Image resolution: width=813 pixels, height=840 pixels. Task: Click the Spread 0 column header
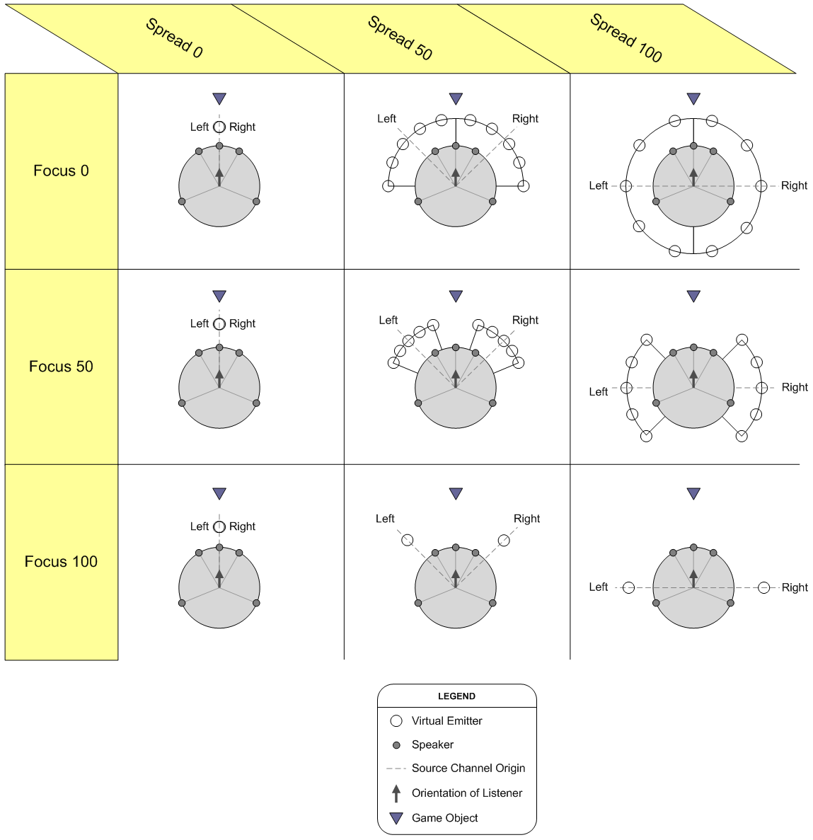click(174, 38)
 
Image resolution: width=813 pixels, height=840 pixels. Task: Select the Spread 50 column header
click(400, 38)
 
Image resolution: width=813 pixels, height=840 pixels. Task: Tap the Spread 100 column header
click(626, 38)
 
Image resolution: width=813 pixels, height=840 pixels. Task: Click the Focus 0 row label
click(61, 171)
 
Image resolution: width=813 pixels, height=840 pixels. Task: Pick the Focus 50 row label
click(61, 367)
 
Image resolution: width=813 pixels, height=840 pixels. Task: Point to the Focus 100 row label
click(61, 562)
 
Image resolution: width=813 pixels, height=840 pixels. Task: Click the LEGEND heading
click(456, 696)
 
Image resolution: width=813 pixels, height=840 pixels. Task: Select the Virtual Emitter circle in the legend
click(396, 721)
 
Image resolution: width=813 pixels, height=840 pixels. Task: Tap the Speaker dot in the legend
click(396, 745)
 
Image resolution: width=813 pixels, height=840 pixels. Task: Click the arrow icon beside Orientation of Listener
click(396, 793)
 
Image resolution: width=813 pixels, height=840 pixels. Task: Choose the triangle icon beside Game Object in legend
click(396, 819)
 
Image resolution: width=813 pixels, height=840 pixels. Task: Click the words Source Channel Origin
click(468, 769)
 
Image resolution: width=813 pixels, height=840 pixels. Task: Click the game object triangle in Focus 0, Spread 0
click(219, 99)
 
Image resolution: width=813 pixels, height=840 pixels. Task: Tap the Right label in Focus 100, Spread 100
click(795, 587)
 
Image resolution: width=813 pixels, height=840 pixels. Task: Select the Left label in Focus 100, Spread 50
click(385, 519)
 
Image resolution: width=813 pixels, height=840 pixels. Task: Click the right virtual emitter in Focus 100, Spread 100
click(763, 587)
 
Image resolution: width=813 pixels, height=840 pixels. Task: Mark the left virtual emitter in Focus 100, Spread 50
click(408, 541)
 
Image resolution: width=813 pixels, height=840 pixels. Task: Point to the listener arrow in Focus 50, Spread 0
click(219, 379)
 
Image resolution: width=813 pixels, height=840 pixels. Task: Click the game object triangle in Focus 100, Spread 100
click(693, 493)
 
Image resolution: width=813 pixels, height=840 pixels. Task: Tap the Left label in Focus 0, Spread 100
click(598, 185)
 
